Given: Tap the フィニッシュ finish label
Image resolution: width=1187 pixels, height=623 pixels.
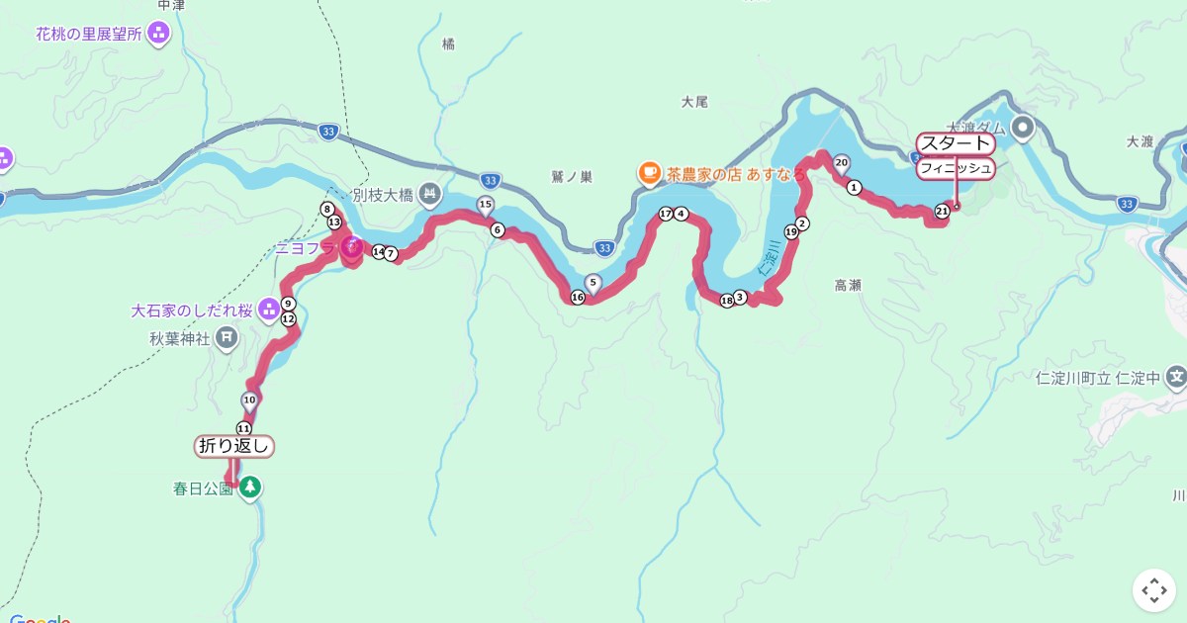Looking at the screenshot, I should pos(955,168).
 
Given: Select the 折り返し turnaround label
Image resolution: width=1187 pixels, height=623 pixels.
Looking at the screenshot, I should pos(234,446).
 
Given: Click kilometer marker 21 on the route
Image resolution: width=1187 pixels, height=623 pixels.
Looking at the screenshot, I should pos(942,211).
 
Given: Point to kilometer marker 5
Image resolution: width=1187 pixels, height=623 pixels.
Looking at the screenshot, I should pos(593,282).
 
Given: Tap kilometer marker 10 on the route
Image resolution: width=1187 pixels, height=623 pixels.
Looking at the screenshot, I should pos(249,400).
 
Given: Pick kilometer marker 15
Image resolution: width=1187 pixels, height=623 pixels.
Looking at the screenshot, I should pos(485,205).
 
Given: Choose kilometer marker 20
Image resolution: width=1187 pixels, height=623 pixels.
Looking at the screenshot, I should pos(842,162).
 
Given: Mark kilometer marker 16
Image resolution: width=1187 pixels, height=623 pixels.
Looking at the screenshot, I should pos(578,297).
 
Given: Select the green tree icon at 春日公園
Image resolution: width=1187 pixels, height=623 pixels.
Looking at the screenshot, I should pos(250,488).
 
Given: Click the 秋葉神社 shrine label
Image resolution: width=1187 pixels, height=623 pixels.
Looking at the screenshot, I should pos(180,338).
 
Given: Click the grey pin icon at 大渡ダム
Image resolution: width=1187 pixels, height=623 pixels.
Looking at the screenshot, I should pos(1022,127).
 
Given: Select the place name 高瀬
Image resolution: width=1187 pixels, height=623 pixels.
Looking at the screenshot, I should pos(848,285).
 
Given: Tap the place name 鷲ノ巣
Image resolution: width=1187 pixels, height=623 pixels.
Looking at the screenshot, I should pos(572,177).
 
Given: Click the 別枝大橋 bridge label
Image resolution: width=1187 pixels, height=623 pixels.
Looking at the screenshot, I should pos(382,195).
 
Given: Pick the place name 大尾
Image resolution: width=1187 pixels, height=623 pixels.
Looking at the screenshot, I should pos(695,101).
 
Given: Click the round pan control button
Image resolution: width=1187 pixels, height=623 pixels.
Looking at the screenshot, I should pos(1154,590).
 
